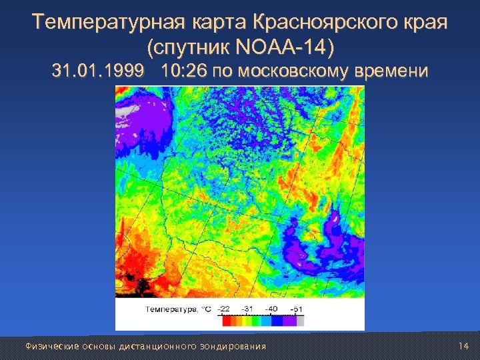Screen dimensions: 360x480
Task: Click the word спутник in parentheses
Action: click(190, 48)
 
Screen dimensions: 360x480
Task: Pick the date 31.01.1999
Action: click(99, 72)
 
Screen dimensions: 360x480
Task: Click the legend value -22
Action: click(225, 309)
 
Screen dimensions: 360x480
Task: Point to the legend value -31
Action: click(249, 309)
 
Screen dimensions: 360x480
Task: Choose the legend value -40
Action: click(272, 309)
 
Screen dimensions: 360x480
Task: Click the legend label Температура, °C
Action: click(177, 309)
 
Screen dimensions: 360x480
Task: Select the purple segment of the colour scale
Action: click(289, 321)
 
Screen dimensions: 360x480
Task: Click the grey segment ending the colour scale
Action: click(301, 321)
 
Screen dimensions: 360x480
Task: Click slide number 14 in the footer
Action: click(464, 345)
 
